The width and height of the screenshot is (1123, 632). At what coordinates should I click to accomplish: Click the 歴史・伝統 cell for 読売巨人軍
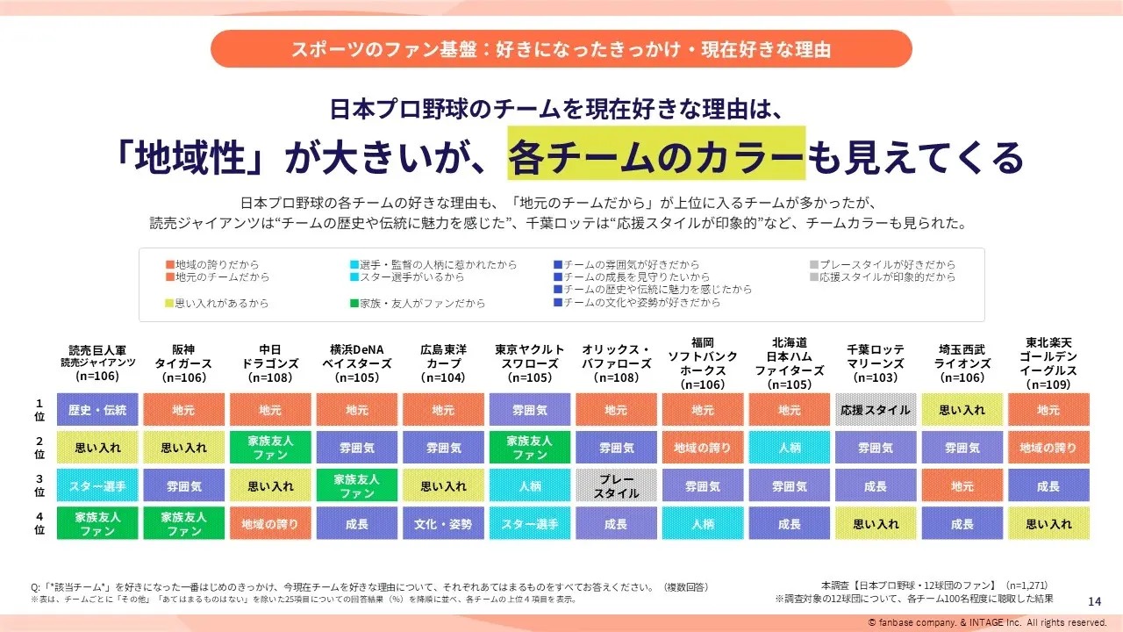[97, 410]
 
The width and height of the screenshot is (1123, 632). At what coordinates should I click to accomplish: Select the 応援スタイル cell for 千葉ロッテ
[875, 410]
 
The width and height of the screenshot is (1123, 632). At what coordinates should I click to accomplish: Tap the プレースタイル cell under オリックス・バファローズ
[616, 485]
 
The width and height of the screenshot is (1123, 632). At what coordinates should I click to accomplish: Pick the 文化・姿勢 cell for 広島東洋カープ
[443, 524]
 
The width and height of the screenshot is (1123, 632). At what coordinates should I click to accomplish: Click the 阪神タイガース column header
[184, 363]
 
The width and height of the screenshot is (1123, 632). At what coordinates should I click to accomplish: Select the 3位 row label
[39, 485]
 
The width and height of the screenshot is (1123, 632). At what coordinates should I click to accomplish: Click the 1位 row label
[39, 410]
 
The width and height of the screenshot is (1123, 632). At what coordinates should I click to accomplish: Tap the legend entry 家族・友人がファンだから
[416, 304]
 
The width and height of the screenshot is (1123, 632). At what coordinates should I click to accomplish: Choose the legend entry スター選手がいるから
[404, 277]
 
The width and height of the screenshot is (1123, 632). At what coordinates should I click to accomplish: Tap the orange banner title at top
[561, 49]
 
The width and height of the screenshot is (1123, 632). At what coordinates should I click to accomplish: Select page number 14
[1093, 600]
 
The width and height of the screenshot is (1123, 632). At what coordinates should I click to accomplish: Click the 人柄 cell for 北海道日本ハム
[789, 448]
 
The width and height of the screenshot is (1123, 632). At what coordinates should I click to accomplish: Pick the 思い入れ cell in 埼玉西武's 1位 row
[962, 410]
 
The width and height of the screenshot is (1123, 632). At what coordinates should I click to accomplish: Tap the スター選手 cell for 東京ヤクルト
[530, 524]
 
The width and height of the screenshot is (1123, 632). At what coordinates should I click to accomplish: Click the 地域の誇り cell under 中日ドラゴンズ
[270, 524]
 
